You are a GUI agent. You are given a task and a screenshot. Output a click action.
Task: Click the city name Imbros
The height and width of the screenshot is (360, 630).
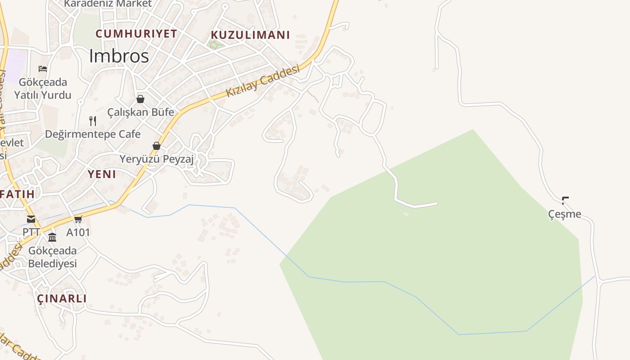[x=119, y=56]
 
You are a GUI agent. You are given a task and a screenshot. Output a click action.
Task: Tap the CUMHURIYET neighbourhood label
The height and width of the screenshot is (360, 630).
[x=136, y=34]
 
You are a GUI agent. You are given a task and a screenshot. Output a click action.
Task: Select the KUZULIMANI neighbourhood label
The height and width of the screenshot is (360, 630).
[x=250, y=35]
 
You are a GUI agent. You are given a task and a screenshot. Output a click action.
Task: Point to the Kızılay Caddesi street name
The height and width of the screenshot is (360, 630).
[x=262, y=81]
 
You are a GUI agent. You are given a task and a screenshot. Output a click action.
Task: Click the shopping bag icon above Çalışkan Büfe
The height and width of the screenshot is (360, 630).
[x=140, y=99]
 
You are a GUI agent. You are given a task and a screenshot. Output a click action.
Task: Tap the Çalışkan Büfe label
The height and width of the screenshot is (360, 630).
[x=140, y=112]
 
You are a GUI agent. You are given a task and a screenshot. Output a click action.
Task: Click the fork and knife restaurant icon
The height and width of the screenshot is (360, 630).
[x=93, y=121]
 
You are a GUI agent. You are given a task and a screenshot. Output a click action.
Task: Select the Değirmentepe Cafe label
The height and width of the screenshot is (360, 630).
[x=93, y=134]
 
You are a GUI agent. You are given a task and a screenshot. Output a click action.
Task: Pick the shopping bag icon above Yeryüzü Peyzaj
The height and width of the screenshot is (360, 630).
[x=157, y=146]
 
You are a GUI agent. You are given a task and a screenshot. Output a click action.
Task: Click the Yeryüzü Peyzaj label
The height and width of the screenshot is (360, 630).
[x=157, y=159]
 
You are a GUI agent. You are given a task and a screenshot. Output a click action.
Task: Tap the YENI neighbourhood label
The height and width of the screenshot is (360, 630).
[x=102, y=174]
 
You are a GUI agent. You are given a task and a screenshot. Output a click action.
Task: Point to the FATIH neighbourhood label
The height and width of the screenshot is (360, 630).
[x=17, y=194]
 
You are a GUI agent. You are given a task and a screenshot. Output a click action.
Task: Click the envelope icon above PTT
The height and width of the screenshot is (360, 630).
[x=31, y=219]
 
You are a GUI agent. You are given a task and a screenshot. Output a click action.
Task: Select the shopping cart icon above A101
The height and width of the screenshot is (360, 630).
[x=78, y=219]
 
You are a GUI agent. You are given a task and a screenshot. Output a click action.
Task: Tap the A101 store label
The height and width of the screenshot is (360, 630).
[x=78, y=232]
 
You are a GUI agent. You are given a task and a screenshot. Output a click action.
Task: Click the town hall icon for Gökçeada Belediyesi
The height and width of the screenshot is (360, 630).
[x=52, y=237]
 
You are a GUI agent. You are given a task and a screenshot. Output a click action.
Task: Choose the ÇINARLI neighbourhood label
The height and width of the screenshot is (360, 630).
[x=62, y=298]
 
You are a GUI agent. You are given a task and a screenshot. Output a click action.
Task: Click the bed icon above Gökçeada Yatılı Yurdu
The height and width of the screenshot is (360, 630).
[x=43, y=69]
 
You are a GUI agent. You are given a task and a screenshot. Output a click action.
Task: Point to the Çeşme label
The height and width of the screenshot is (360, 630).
[x=565, y=214]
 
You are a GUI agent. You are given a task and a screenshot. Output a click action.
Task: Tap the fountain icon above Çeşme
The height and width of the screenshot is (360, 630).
[x=565, y=201]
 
